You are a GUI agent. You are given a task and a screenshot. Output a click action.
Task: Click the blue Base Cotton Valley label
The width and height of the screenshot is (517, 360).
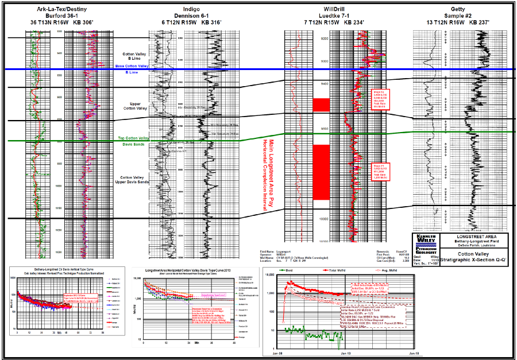pyautogui.click(x=132, y=66)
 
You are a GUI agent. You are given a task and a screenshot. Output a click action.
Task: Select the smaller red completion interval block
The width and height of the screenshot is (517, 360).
pyautogui.click(x=321, y=104)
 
